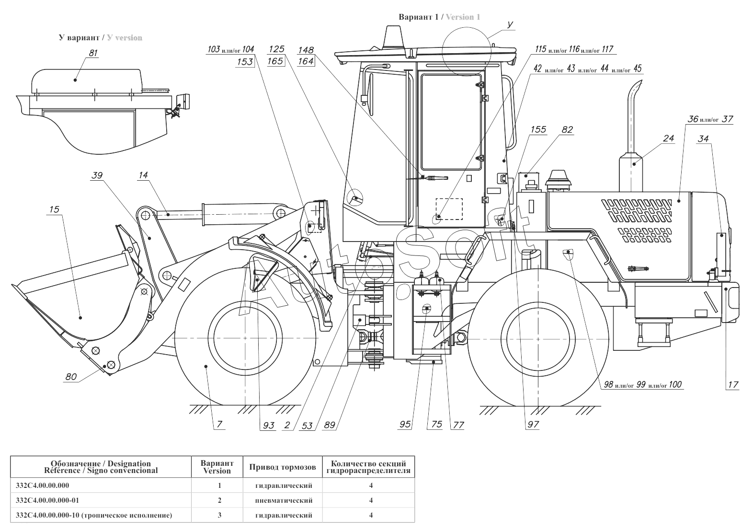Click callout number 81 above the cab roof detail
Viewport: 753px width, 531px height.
tap(93, 53)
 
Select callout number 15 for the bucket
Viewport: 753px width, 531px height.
tap(54, 209)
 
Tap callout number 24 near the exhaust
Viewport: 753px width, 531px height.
tap(669, 139)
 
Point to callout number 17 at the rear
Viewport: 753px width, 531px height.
tap(733, 384)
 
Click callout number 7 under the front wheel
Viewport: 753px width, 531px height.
tap(219, 425)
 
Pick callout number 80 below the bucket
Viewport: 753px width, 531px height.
tap(71, 377)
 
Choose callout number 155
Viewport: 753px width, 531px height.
tap(538, 129)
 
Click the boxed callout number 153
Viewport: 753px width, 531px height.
tap(245, 61)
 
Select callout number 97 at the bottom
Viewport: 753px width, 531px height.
tap(533, 425)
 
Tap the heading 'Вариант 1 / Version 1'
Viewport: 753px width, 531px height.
tap(439, 17)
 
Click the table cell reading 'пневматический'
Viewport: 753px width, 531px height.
tap(284, 500)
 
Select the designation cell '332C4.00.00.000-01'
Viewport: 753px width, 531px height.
tap(47, 500)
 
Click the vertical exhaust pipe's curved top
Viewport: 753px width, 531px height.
tap(635, 87)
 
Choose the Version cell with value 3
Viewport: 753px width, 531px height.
tap(219, 515)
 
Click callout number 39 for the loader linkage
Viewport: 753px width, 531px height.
tap(97, 176)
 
